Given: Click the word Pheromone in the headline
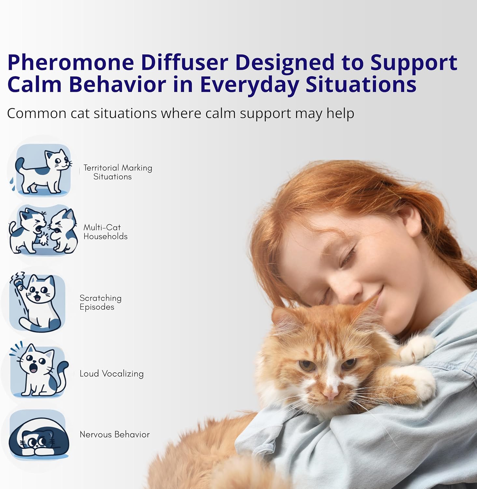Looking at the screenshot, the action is tap(71, 62).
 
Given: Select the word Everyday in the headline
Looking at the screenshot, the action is tap(249, 85).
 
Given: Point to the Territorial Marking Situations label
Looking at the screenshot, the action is tap(118, 172).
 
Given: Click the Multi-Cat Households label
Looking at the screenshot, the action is tap(105, 232).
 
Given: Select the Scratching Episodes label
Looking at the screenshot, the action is tap(101, 303).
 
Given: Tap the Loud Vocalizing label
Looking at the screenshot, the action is tap(112, 374).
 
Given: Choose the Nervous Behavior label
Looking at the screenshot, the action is tap(115, 434).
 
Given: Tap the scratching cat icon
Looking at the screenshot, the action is tap(37, 302).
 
